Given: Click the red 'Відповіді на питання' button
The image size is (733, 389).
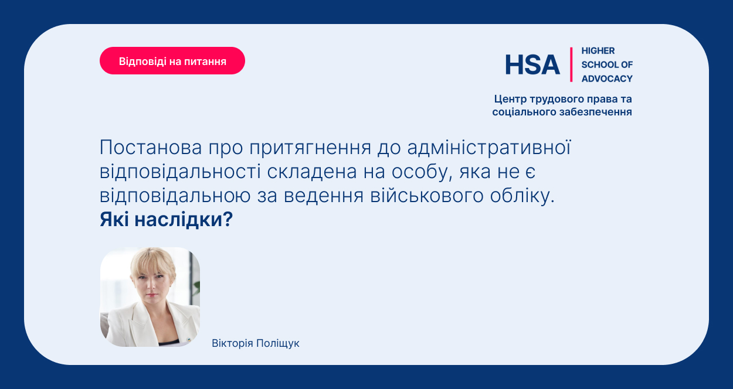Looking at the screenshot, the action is coord(172,61).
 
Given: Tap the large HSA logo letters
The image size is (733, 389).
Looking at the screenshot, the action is coord(532,64).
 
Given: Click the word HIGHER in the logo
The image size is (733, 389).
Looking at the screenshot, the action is coord(598,51).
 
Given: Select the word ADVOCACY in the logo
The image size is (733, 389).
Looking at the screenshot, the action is coord(607,79).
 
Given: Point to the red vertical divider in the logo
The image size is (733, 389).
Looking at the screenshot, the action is coord(571,64).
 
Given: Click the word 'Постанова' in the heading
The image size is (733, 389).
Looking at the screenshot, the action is coord(151,147).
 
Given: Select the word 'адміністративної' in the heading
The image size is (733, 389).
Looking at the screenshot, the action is coord(489,147).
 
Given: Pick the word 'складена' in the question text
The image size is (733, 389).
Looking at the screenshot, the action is coord(312,171).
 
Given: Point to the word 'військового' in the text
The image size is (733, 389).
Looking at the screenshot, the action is coord(427,196).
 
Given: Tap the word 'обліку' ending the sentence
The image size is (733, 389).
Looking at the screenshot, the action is coord(522,196).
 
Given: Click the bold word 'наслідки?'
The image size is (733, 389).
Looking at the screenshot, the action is coord(184,219).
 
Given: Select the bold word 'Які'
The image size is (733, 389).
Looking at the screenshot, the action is coord(114,219).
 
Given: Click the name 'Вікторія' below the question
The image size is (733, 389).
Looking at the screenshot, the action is coord(232,343).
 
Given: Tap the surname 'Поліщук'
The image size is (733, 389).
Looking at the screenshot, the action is coord(278,343).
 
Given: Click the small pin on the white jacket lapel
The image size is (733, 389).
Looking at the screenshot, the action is coord(188,340).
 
